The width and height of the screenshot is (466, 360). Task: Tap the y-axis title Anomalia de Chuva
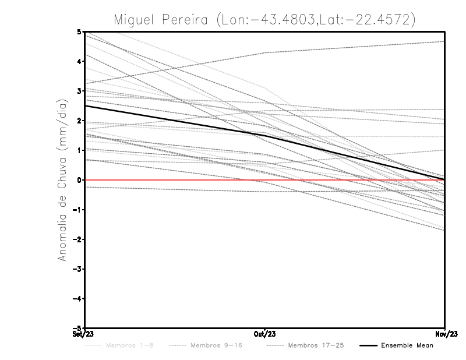click(61, 181)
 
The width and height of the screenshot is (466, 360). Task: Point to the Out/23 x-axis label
click(265, 334)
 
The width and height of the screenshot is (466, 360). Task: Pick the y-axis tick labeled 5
click(79, 31)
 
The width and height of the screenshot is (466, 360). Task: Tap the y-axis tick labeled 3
click(79, 91)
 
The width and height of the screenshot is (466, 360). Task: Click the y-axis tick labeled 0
click(79, 180)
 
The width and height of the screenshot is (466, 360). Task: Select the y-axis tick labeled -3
click(77, 269)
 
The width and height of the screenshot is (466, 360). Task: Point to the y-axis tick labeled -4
click(77, 299)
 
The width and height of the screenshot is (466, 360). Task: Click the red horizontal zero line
click(175, 180)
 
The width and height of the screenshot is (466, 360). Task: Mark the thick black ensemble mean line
click(175, 119)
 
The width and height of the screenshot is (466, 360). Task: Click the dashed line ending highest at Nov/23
click(349, 47)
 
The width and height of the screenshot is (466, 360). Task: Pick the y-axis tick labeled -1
click(77, 210)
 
